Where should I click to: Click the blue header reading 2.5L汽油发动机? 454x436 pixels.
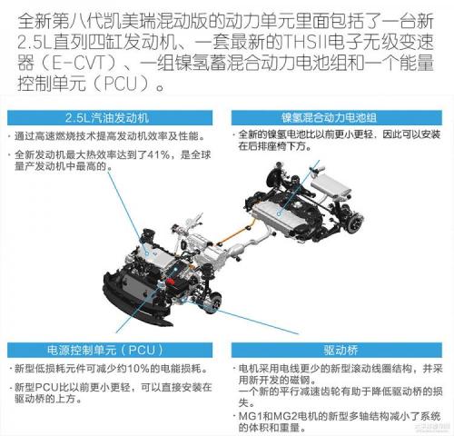pos(110,118)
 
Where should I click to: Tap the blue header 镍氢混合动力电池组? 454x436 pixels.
pos(337,118)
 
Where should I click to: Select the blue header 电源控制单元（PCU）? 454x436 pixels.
pos(110,350)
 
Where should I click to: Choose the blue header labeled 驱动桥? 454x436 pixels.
pos(337,350)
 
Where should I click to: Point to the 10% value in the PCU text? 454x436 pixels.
pos(139,369)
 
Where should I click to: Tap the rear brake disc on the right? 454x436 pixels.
pos(356,224)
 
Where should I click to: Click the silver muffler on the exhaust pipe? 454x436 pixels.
pos(237,251)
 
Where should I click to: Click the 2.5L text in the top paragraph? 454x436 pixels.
pos(34,43)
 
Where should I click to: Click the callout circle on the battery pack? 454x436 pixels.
pos(279,213)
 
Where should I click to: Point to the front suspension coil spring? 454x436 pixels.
pos(208,273)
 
